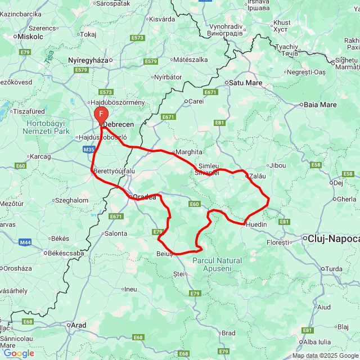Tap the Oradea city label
[x=144, y=197]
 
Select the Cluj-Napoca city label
[x=334, y=239]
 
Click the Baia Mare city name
[x=320, y=105]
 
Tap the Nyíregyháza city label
[x=87, y=60]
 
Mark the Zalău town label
[x=257, y=175]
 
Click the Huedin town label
[x=256, y=225]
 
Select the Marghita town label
[x=189, y=152]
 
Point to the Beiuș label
[x=164, y=254]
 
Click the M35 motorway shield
[x=88, y=150]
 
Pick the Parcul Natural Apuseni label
[x=217, y=264]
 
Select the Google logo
[x=19, y=353]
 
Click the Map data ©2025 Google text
[x=325, y=355]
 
